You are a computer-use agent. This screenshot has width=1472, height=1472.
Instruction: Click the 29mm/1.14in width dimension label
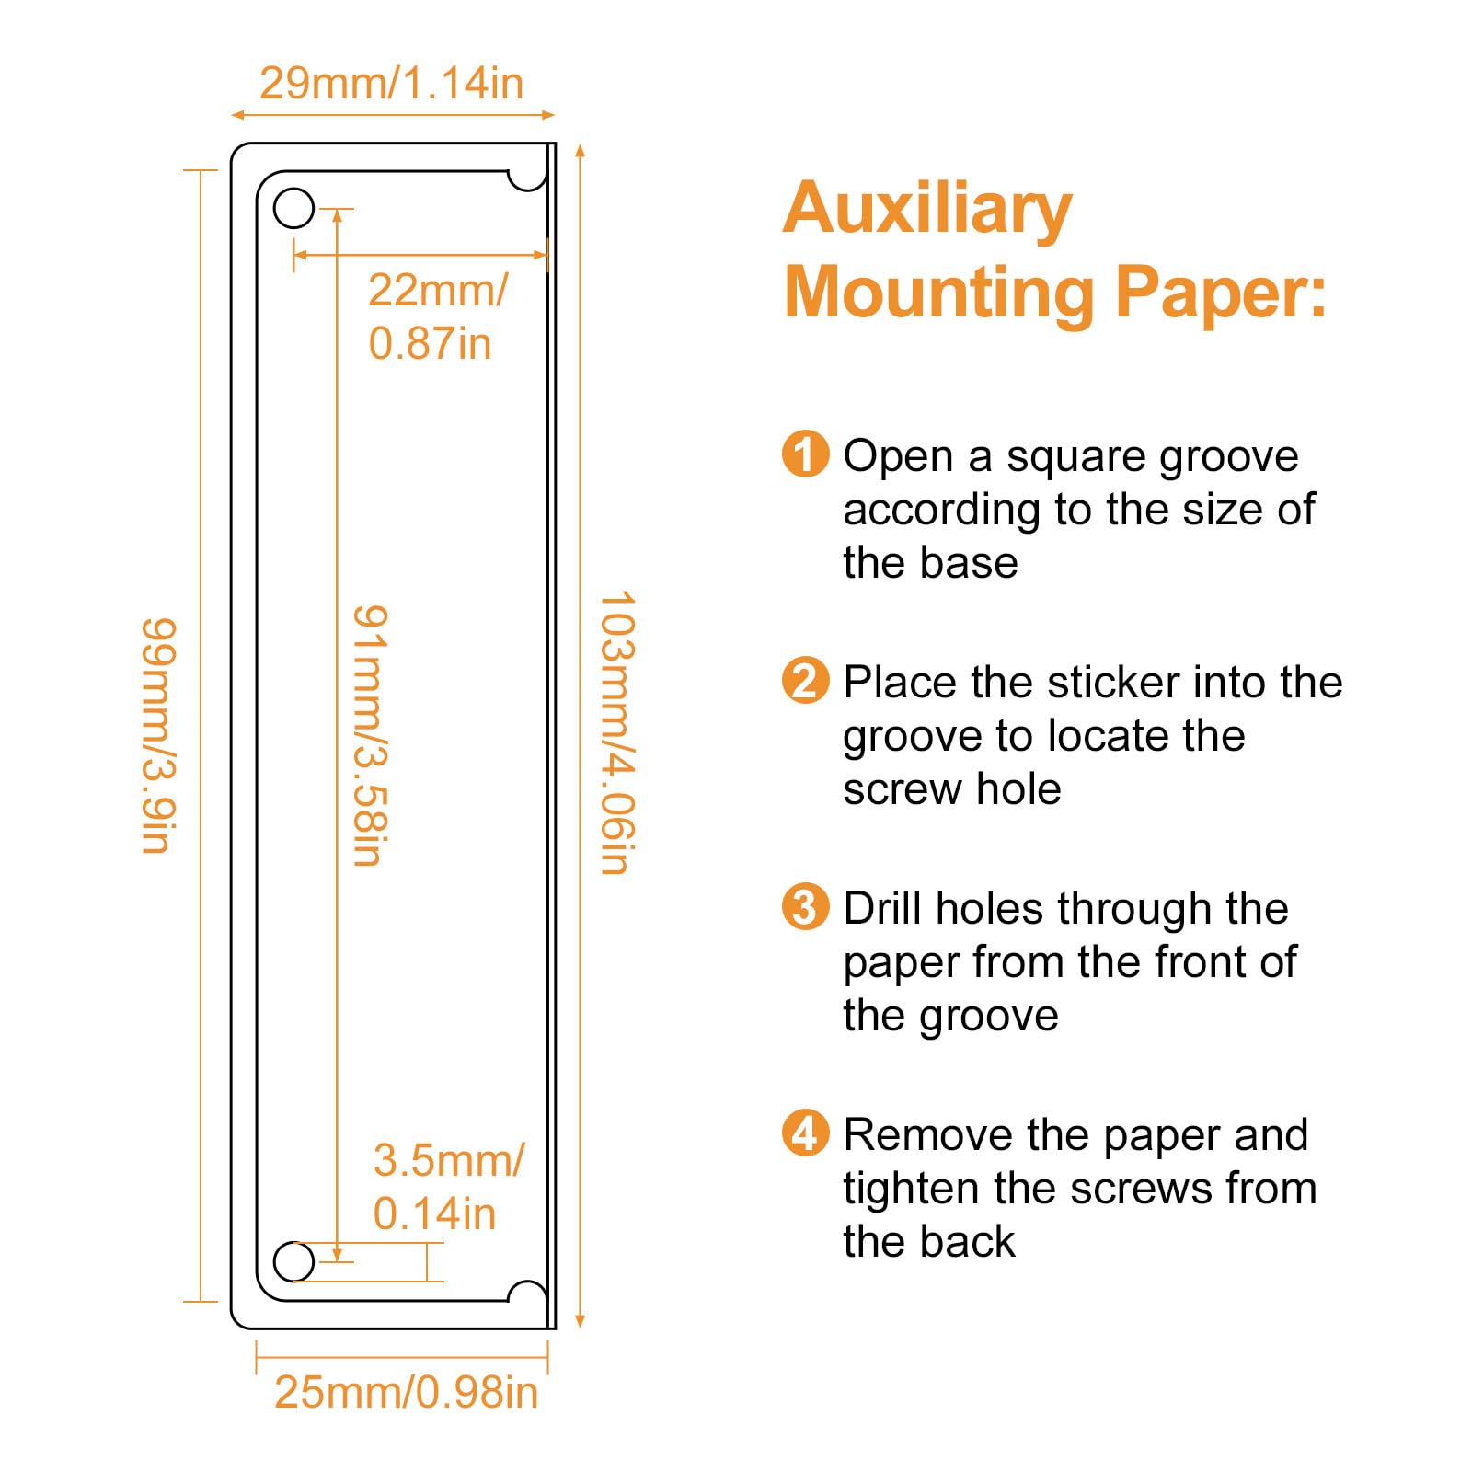[391, 83]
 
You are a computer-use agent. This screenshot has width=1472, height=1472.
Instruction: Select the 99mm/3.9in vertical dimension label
[158, 735]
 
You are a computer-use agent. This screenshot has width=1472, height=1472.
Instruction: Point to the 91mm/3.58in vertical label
[371, 735]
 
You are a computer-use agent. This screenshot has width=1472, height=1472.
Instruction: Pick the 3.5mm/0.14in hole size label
[448, 1187]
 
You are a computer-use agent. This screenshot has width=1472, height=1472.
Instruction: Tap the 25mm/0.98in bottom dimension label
[406, 1392]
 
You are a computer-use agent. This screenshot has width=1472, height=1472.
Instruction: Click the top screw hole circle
[294, 209]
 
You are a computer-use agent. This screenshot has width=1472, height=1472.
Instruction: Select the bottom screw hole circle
[294, 1261]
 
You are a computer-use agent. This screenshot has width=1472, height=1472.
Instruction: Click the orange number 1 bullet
[805, 454]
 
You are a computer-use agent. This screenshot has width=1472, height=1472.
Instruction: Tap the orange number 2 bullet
[805, 681]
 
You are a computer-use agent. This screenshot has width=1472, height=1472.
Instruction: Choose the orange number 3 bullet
[805, 907]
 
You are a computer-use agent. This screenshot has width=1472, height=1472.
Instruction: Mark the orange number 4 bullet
[805, 1133]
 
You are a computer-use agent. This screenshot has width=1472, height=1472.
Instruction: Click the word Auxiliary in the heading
[927, 210]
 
